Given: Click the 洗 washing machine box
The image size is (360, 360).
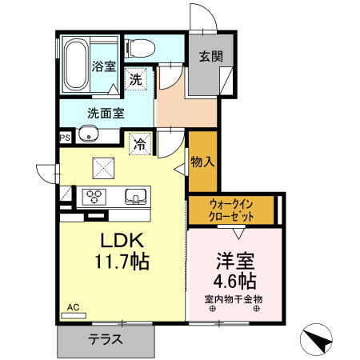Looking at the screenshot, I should (x=137, y=79).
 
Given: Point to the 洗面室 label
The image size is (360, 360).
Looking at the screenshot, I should (x=106, y=114).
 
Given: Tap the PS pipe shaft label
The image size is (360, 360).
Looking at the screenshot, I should (x=64, y=137).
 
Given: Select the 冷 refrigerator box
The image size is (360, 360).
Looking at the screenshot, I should (x=140, y=145).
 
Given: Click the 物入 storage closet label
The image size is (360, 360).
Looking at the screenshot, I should (x=202, y=162).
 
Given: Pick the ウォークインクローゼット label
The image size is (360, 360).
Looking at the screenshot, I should (x=233, y=210).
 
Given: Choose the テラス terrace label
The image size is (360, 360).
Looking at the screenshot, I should (x=105, y=339).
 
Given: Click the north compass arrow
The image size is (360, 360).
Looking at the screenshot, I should (x=321, y=339).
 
